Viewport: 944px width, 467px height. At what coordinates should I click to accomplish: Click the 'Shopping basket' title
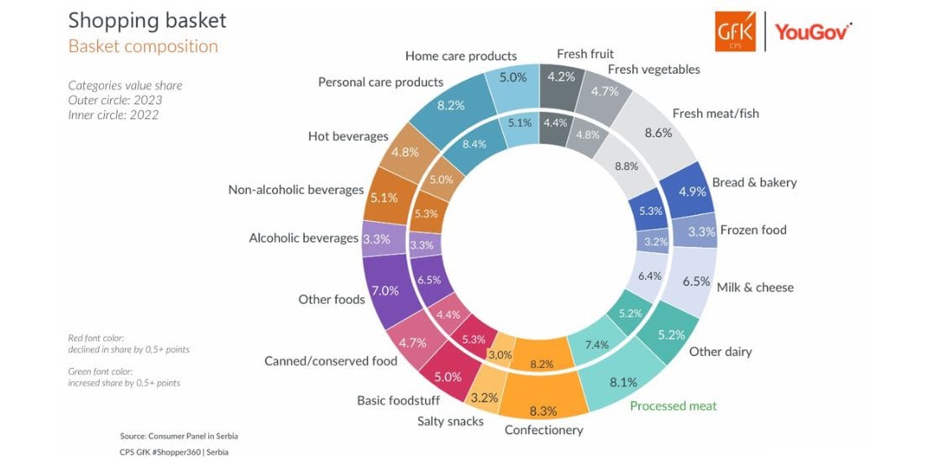coord(147,20)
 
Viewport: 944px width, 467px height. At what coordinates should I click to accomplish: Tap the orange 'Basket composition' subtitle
coord(144,47)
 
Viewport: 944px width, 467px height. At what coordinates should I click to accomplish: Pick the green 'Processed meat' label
coord(673,406)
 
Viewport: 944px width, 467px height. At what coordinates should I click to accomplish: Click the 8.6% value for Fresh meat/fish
coord(658,134)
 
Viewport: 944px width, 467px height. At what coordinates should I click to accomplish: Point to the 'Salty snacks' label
coord(450,422)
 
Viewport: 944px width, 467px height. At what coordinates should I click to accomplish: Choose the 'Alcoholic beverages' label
coord(303,239)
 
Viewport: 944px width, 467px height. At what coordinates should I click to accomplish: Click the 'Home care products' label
coord(460,56)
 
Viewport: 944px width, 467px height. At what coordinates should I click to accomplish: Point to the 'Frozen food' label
coord(753,230)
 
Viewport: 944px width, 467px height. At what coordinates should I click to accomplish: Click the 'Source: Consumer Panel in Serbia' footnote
coord(183,436)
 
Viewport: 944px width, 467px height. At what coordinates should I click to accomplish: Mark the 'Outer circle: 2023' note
coord(115,100)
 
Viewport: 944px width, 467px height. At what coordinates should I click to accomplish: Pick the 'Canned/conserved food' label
coord(331,361)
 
